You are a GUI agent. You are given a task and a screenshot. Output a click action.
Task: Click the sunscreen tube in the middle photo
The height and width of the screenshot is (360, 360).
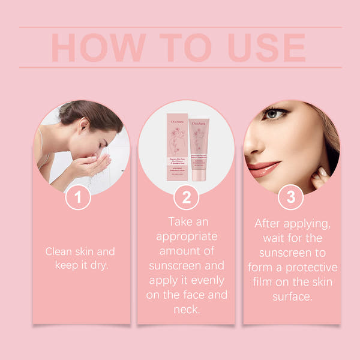click(x=199, y=150)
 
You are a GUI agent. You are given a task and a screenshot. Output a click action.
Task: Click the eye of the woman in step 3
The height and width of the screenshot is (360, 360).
click(x=275, y=113)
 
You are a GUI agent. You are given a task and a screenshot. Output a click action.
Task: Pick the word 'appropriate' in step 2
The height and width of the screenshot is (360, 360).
click(x=185, y=236)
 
